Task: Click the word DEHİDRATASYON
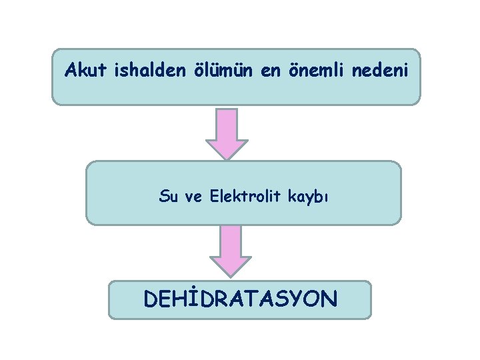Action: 240,298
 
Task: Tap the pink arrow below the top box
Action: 227,134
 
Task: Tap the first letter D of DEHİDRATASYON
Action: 151,298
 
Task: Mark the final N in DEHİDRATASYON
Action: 329,298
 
